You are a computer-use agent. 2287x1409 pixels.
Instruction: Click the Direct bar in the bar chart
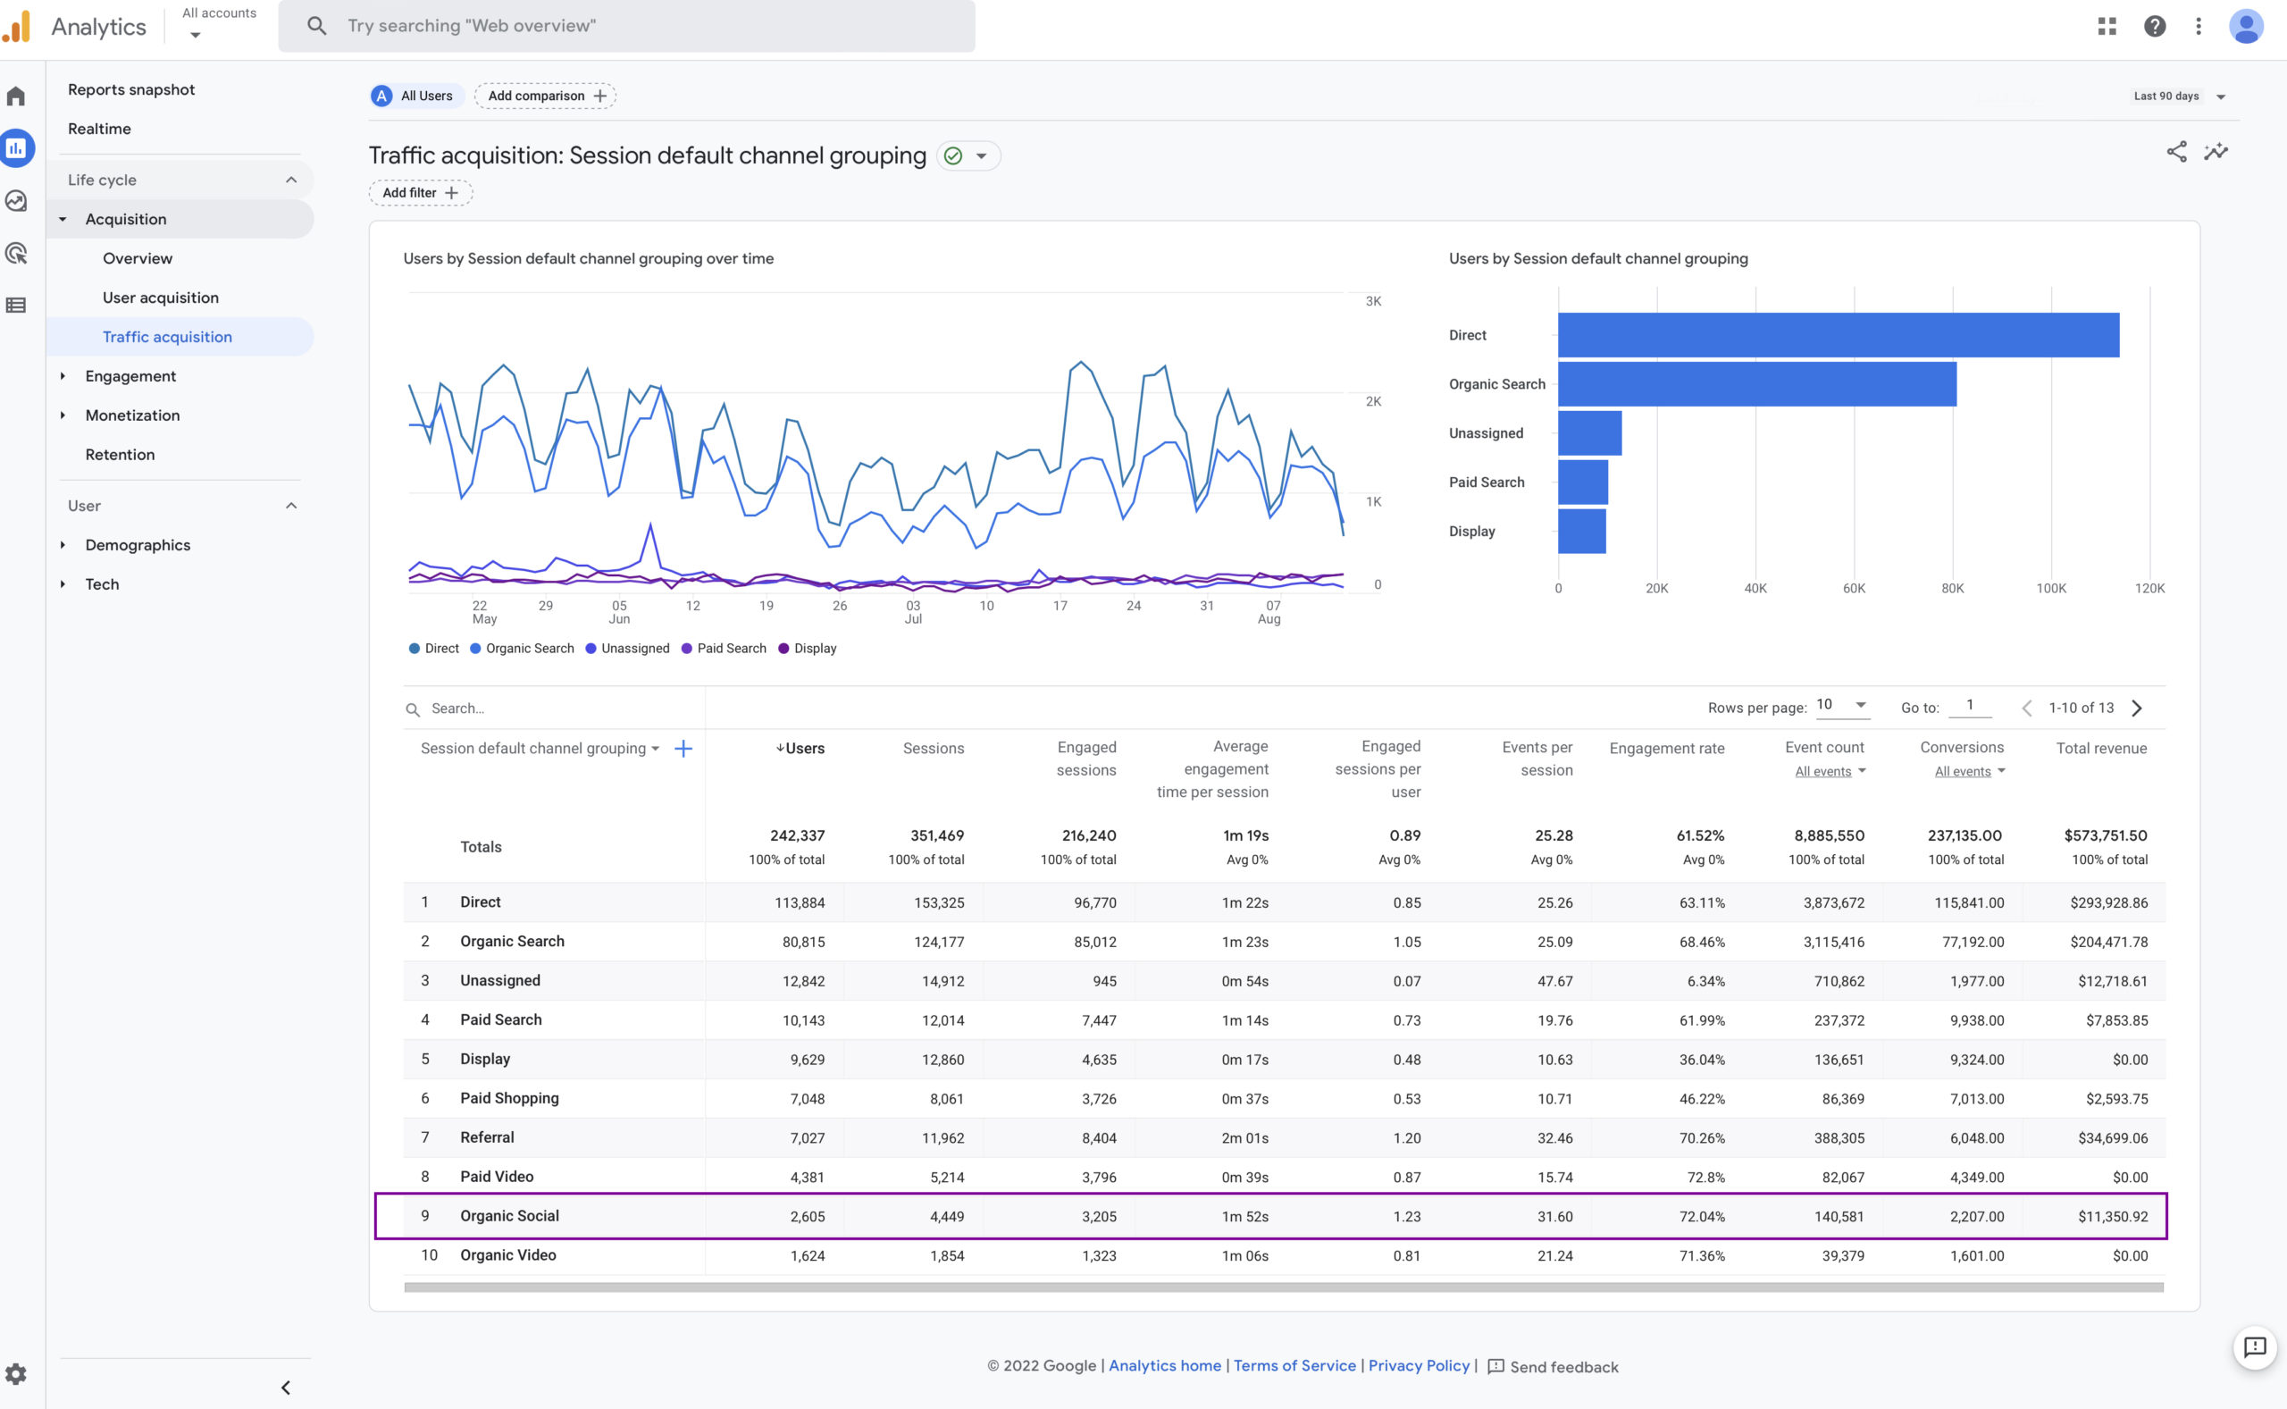1837,335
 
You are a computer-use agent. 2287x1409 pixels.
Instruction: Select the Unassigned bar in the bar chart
1589,433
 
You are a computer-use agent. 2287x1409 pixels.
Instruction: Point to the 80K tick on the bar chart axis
1952,589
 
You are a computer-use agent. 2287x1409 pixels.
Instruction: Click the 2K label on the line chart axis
1372,402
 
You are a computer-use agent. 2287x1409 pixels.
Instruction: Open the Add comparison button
545,96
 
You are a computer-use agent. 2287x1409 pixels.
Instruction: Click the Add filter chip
420,193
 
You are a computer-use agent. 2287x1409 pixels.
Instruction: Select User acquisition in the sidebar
160,298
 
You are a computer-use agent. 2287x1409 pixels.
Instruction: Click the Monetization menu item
132,415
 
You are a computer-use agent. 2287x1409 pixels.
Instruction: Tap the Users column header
801,749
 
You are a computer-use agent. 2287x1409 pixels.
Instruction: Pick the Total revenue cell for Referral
2112,1137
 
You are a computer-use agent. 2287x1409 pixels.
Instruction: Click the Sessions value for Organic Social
945,1216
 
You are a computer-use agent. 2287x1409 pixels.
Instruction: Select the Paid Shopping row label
508,1099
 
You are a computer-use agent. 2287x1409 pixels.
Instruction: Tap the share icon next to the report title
2175,152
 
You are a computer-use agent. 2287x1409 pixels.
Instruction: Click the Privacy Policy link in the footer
1418,1366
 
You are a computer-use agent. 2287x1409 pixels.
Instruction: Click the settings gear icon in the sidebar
16,1373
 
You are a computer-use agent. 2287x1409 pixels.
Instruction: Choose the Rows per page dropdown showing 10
1841,706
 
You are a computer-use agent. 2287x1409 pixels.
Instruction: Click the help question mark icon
2154,26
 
